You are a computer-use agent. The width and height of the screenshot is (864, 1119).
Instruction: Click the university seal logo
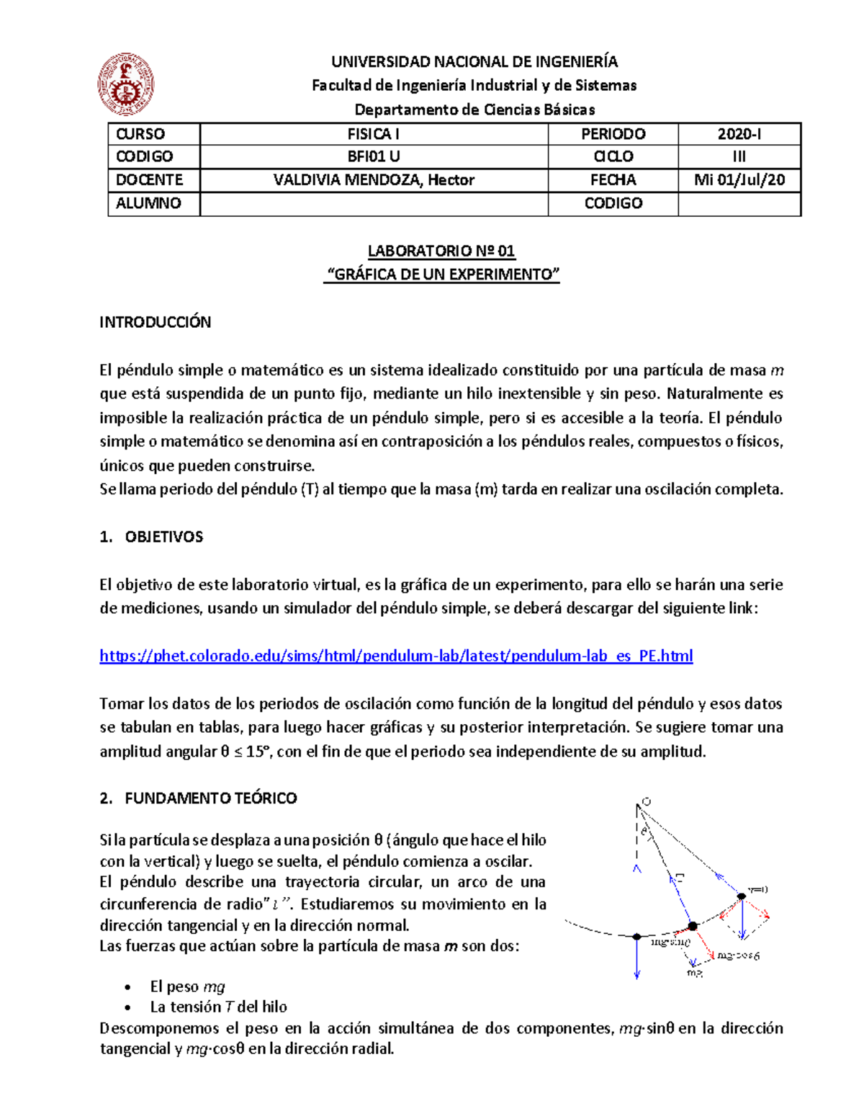point(126,84)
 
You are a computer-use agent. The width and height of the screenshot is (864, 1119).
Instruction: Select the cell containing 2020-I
point(739,134)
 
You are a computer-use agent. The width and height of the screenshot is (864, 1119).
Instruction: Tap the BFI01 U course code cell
point(374,156)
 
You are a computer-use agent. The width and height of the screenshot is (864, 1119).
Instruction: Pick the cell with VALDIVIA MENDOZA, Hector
point(374,180)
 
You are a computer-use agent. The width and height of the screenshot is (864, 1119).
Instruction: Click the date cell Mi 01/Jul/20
point(739,180)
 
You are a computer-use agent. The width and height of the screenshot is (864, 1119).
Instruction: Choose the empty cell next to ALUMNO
point(374,204)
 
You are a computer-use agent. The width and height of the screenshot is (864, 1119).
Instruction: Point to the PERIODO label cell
point(613,134)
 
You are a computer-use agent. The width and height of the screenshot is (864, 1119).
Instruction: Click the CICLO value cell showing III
point(739,156)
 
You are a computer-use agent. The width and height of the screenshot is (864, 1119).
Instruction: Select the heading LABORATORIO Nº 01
point(441,251)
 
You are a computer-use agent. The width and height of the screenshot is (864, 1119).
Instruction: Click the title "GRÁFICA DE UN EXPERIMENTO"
point(441,275)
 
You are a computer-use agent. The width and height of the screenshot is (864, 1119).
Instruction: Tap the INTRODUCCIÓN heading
point(155,322)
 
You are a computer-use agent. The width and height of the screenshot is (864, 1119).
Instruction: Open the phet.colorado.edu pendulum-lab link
point(396,656)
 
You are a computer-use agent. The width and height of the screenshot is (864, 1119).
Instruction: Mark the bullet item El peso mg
point(187,986)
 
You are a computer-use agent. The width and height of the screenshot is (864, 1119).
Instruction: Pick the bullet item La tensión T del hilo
point(218,1007)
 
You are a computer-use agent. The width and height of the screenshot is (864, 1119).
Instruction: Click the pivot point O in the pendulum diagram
point(645,802)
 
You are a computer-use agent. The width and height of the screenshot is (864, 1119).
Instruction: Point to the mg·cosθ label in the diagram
point(738,955)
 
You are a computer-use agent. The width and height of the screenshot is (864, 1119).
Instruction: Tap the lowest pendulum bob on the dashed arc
point(636,937)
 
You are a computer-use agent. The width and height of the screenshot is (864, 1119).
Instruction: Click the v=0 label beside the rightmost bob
point(758,889)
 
